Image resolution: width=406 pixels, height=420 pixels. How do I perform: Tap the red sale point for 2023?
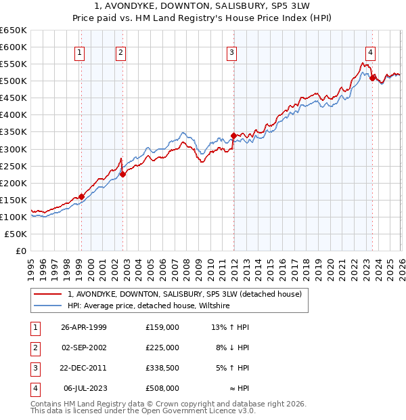pos(373,78)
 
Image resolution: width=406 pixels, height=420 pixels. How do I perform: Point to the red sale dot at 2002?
pos(122,174)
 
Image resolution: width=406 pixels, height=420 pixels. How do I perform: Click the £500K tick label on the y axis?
pos(14,81)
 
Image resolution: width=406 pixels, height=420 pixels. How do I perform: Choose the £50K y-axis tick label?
pos(16,234)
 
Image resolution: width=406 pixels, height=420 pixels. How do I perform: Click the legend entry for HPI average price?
pos(149,306)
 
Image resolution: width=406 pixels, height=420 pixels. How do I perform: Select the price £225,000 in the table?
pos(162,348)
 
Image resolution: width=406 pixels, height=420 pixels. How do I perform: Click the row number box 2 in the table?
pos(34,348)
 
